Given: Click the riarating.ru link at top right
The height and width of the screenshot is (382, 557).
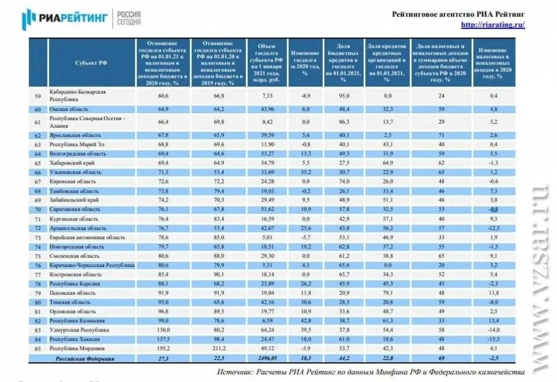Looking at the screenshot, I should [x=493, y=25].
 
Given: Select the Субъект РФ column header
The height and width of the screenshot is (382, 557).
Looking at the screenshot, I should [x=91, y=63].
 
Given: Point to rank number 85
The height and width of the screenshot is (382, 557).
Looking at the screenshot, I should [x=38, y=348].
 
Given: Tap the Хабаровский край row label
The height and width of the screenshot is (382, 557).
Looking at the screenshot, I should [x=73, y=164].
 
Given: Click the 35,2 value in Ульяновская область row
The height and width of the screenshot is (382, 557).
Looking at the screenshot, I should [x=305, y=172].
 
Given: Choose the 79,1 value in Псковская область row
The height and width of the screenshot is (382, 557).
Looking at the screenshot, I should [x=388, y=293].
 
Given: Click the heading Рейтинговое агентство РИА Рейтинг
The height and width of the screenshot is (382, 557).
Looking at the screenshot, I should [x=458, y=13].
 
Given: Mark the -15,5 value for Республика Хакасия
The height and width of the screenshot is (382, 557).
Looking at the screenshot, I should [x=494, y=339].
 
